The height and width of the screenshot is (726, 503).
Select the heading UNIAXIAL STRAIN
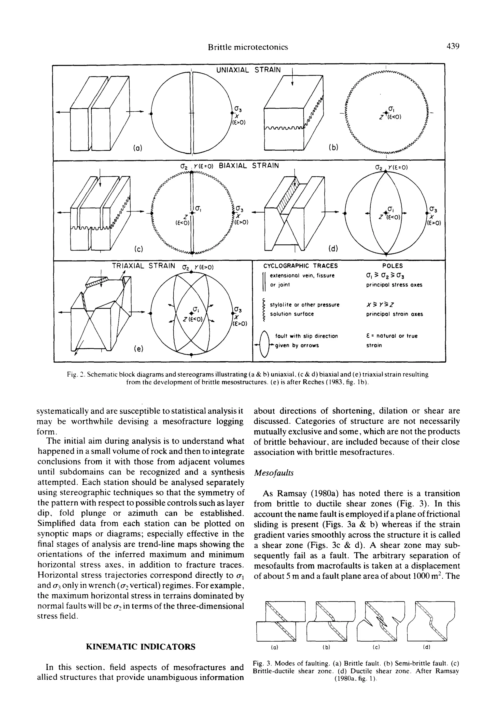[x=248, y=70]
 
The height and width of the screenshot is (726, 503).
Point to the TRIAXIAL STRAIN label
[x=143, y=266]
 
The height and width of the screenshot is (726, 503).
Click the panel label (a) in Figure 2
[x=137, y=147]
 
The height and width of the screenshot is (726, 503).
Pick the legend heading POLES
[x=392, y=266]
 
